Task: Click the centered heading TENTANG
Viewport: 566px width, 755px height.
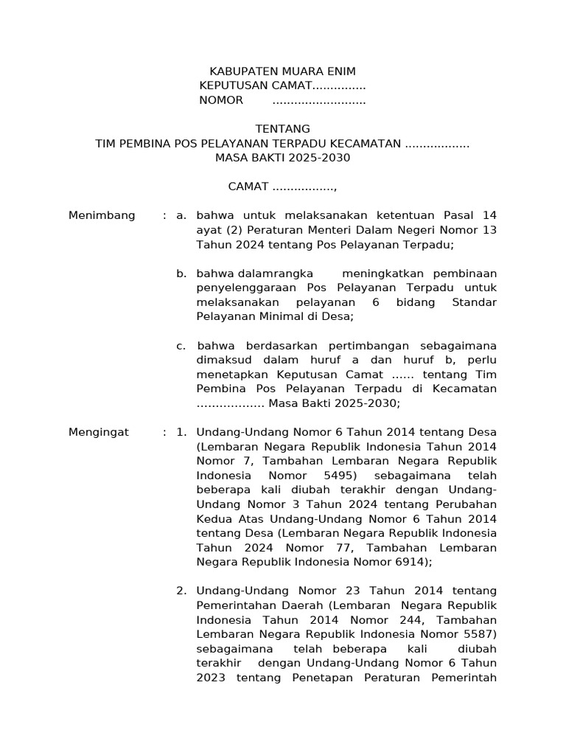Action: tap(282, 129)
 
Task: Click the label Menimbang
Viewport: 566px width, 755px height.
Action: tap(102, 215)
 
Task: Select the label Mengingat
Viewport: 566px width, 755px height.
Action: tap(99, 432)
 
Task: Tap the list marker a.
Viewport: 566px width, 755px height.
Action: tap(181, 215)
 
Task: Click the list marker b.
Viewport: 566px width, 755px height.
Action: tap(181, 274)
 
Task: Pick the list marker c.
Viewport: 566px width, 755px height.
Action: tap(181, 346)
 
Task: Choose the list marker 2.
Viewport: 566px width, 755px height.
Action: tap(181, 591)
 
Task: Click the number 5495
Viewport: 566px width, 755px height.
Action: tap(336, 476)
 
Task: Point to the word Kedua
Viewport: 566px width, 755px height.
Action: tap(213, 519)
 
